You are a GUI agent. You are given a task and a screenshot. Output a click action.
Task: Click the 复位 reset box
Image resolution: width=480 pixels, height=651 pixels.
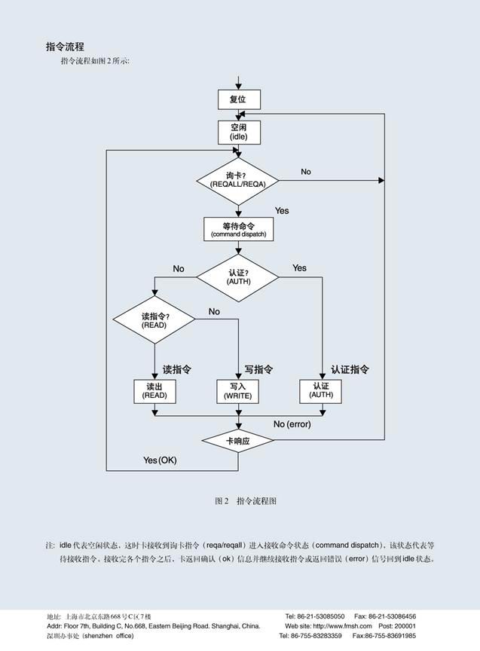pyautogui.click(x=238, y=99)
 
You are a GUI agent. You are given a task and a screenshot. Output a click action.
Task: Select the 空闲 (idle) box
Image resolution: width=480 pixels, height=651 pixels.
pyautogui.click(x=238, y=132)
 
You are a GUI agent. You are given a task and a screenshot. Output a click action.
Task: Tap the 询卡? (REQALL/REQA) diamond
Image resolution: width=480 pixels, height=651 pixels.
pyautogui.click(x=237, y=181)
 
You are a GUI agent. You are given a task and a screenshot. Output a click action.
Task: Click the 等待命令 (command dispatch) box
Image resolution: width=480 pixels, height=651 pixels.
pyautogui.click(x=238, y=230)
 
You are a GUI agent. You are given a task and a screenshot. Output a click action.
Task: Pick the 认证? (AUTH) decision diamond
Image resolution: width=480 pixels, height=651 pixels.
pyautogui.click(x=237, y=277)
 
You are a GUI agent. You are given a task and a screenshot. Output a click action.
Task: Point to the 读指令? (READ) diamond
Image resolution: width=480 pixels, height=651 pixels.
pyautogui.click(x=154, y=319)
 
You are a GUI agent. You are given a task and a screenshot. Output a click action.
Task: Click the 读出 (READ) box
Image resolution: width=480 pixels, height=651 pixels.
pyautogui.click(x=154, y=390)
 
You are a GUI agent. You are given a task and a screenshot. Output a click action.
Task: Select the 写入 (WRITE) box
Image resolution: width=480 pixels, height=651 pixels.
pyautogui.click(x=237, y=390)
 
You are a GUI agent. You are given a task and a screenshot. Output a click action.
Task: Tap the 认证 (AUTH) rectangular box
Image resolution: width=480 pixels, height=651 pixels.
pyautogui.click(x=321, y=390)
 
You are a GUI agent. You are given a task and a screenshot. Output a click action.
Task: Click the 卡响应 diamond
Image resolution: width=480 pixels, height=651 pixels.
pyautogui.click(x=238, y=442)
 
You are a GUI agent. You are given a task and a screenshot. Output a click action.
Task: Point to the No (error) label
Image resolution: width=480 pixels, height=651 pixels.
pyautogui.click(x=292, y=424)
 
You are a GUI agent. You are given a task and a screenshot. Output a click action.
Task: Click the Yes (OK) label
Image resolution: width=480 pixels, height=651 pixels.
pyautogui.click(x=160, y=460)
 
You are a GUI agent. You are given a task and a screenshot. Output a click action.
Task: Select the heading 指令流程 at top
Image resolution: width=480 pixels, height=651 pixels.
pyautogui.click(x=65, y=47)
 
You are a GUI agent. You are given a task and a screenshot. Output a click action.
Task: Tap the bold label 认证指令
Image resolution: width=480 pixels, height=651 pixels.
pyautogui.click(x=350, y=370)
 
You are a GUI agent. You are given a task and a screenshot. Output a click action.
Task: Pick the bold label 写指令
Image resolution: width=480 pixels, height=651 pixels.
pyautogui.click(x=258, y=370)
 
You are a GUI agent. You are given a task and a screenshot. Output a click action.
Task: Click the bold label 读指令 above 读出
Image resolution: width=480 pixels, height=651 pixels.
pyautogui.click(x=177, y=370)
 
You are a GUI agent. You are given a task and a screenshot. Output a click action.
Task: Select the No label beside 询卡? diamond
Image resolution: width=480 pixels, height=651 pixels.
pyautogui.click(x=305, y=172)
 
